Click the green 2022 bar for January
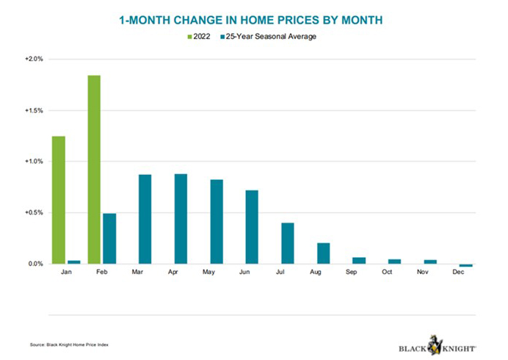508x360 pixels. click(x=59, y=200)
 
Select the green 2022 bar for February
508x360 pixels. click(x=95, y=169)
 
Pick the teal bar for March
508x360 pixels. click(x=145, y=219)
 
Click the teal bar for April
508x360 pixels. click(x=181, y=219)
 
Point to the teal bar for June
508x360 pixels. click(x=252, y=227)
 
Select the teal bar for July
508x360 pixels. click(x=288, y=243)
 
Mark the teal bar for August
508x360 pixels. click(x=323, y=253)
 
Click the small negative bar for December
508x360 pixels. click(x=465, y=265)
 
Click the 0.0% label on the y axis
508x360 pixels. click(x=36, y=264)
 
